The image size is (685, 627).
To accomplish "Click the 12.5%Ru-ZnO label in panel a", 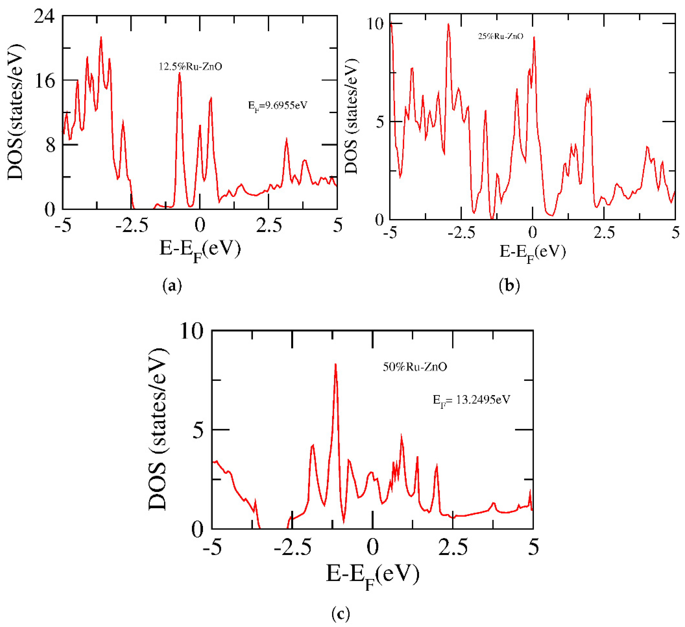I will click(x=190, y=66).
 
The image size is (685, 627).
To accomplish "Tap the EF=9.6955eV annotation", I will click(x=278, y=105).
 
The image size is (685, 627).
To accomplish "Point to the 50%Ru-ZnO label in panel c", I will click(x=415, y=367).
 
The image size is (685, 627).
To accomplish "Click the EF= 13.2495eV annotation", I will click(x=471, y=400).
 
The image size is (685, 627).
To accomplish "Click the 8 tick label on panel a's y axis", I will click(x=50, y=145).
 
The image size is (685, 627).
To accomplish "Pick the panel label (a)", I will click(x=172, y=286).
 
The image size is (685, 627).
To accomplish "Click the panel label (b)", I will click(x=509, y=286).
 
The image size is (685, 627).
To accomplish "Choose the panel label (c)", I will click(x=340, y=614).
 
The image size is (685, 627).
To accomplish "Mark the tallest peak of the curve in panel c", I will click(x=335, y=365).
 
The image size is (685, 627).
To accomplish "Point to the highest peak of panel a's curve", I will click(x=101, y=37).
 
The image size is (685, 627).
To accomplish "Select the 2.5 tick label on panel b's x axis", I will click(x=604, y=233).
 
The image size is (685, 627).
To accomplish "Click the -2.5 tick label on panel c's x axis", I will click(x=293, y=547).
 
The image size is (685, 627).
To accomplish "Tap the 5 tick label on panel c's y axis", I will click(x=198, y=430).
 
